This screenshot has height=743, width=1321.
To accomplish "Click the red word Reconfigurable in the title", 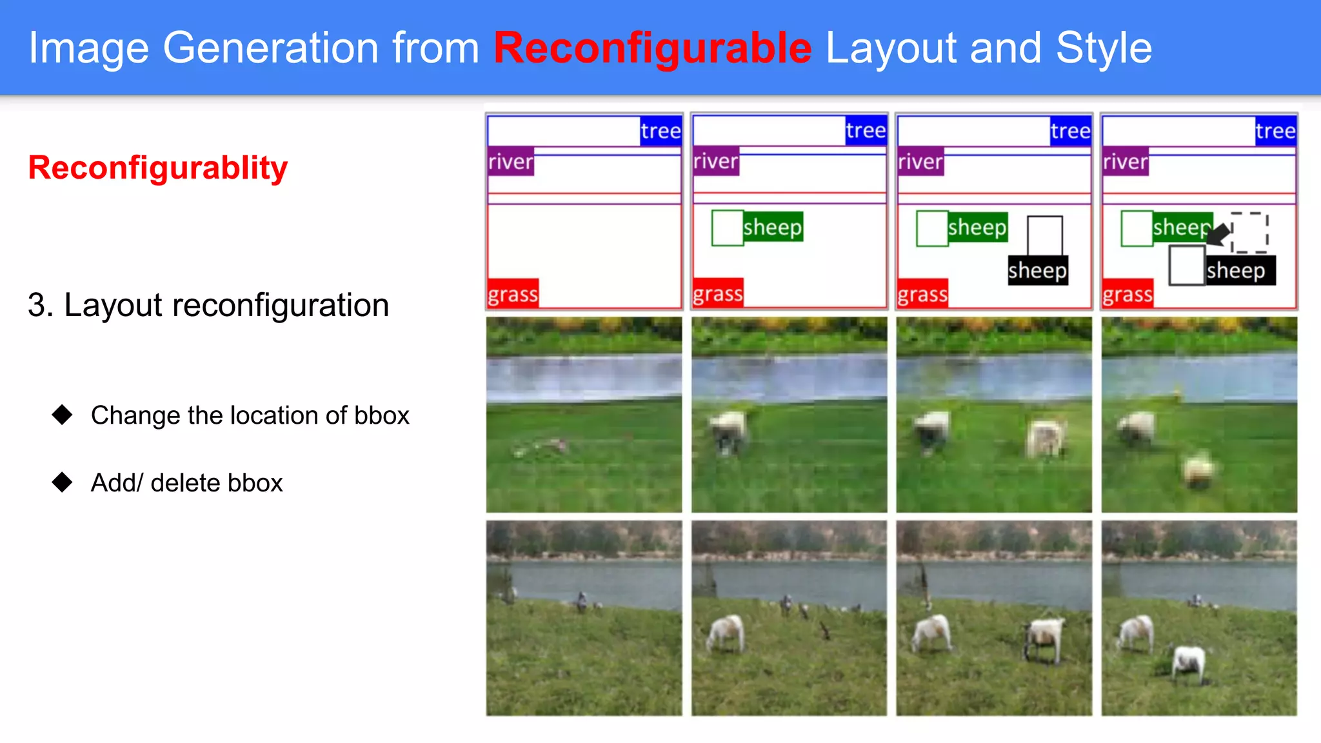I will [x=652, y=48].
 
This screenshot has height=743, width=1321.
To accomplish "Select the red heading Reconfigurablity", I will [x=158, y=168].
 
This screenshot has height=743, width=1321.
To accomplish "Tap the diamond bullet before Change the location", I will [x=63, y=415].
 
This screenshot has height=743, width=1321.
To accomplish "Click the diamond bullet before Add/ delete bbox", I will [x=63, y=482].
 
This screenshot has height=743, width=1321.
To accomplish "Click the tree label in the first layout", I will [x=660, y=131].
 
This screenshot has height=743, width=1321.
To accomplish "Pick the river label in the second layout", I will [x=715, y=161].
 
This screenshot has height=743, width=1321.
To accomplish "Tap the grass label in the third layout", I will [x=922, y=294].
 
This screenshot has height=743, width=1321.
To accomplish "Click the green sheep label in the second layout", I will [x=773, y=227].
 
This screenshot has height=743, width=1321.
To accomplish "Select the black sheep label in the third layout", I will [x=1037, y=270].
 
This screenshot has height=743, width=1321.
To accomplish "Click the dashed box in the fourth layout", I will [x=1250, y=232].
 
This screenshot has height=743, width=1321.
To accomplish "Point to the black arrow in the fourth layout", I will [x=1218, y=235].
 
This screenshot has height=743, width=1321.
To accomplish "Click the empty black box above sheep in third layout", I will [x=1044, y=235].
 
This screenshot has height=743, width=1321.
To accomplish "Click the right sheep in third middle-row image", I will [x=1045, y=438].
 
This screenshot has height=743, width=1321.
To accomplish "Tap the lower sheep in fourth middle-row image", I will [x=1198, y=468].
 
